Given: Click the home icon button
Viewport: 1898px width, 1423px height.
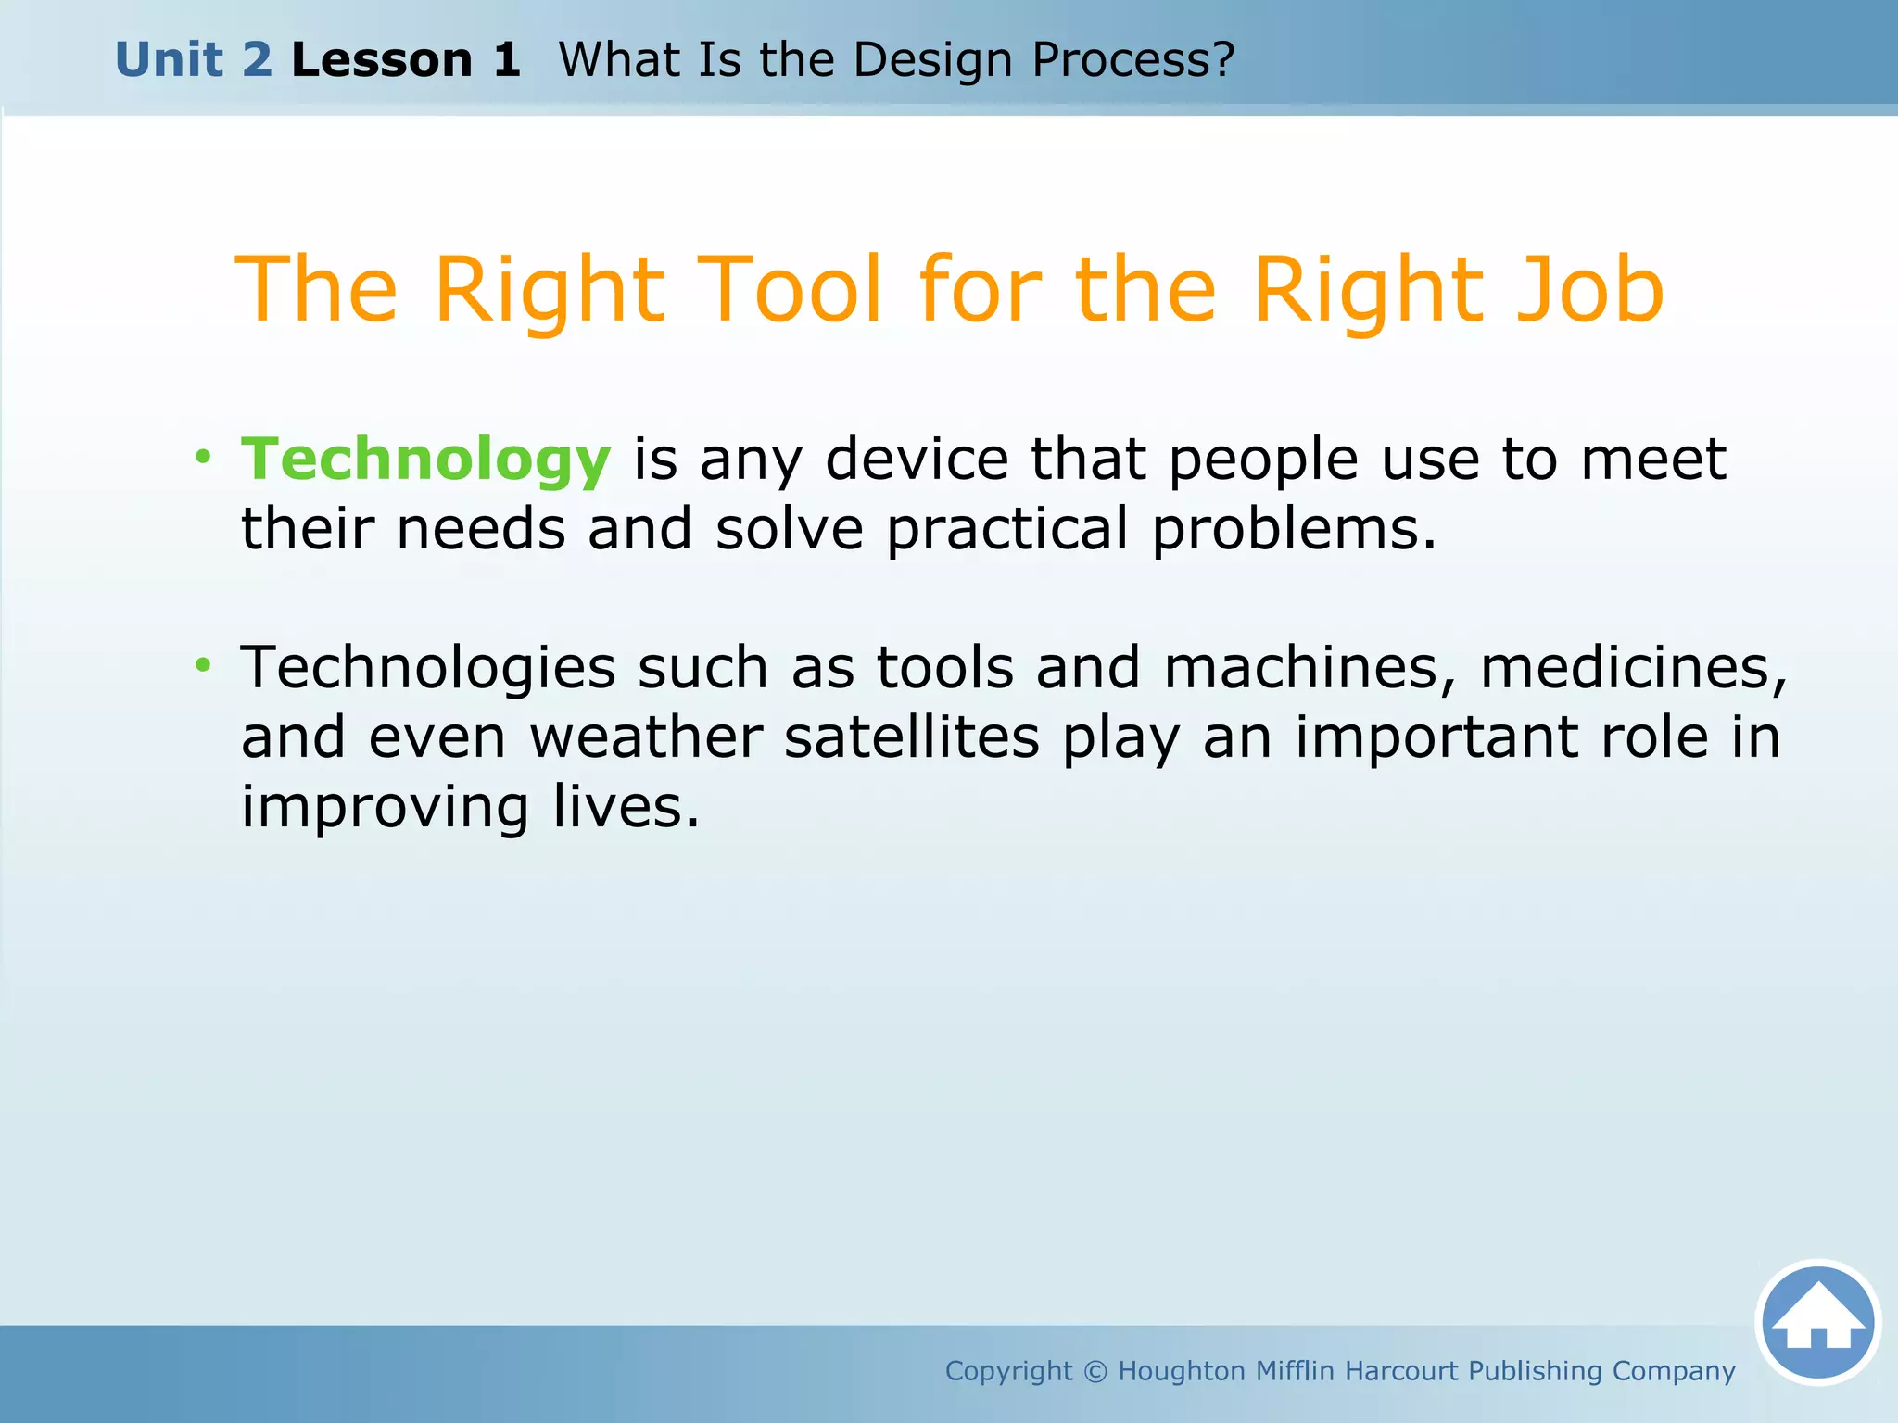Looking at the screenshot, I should coord(1817,1322).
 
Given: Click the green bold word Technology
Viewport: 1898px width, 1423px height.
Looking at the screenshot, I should coord(425,460).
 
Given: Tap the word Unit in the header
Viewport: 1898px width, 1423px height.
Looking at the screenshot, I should coord(168,60).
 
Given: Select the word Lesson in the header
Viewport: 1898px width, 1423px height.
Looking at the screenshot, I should coord(382,60).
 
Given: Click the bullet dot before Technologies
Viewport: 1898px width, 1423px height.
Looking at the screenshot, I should coord(203,664).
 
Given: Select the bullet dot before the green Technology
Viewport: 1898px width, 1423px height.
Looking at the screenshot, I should coord(203,456).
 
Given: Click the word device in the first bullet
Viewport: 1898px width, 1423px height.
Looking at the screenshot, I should coord(917,460).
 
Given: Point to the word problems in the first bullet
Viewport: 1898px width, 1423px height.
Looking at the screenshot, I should coord(1294,530).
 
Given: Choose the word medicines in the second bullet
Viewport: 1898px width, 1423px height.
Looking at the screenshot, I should coord(1633,668).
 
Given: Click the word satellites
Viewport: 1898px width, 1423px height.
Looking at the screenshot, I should coord(912,737).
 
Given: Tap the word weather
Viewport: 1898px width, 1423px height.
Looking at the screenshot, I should coord(646,737).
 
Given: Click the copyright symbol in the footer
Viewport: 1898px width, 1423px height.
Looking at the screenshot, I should coord(1095,1371).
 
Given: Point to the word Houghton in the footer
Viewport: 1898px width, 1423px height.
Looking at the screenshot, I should coord(1182,1371).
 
